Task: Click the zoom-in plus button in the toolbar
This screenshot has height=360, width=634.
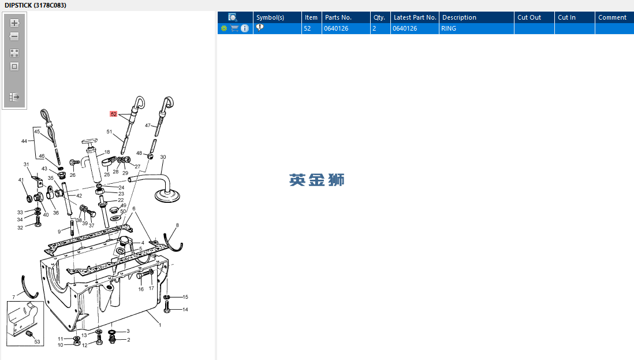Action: pos(14,23)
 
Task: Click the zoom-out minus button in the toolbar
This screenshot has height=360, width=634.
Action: pos(14,36)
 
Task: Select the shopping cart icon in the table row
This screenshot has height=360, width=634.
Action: pos(234,28)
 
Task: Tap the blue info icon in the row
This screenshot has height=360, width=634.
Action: pos(245,28)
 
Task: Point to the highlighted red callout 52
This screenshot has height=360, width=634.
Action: pos(114,114)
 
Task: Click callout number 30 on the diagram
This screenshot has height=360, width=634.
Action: pos(163,157)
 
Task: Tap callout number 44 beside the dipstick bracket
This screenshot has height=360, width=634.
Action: pos(24,141)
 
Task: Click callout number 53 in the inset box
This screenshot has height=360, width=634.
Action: pos(37,342)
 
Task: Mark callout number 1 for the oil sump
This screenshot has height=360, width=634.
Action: pos(160,325)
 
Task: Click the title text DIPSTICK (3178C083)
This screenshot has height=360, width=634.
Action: pos(36,5)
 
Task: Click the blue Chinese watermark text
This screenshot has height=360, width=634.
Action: pos(316,180)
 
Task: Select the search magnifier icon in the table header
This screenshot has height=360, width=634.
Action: pos(233,17)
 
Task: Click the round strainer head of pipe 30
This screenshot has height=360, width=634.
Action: pos(167,196)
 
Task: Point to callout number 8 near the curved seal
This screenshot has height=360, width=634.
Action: pos(177,225)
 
